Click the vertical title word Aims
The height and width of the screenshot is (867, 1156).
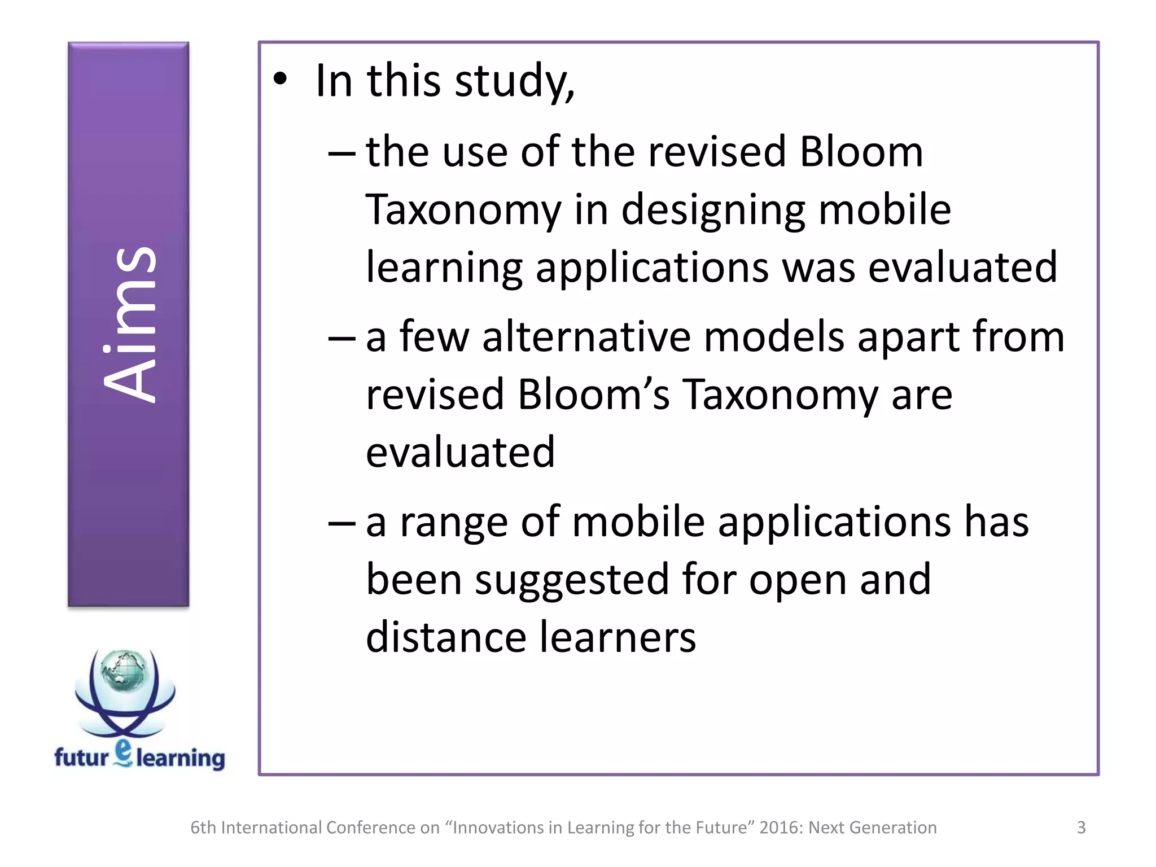(129, 325)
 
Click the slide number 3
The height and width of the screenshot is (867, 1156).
(1081, 827)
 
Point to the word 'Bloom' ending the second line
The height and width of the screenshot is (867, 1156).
(861, 152)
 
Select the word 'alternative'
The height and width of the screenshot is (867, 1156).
(586, 337)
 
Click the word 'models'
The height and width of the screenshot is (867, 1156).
(774, 337)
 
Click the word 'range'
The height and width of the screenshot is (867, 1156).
(454, 523)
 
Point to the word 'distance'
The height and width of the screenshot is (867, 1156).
(446, 637)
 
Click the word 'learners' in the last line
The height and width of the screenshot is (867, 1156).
(618, 637)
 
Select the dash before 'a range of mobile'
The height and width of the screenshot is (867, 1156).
(341, 523)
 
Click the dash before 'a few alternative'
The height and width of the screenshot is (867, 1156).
(341, 338)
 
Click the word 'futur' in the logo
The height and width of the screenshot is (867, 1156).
(81, 757)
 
